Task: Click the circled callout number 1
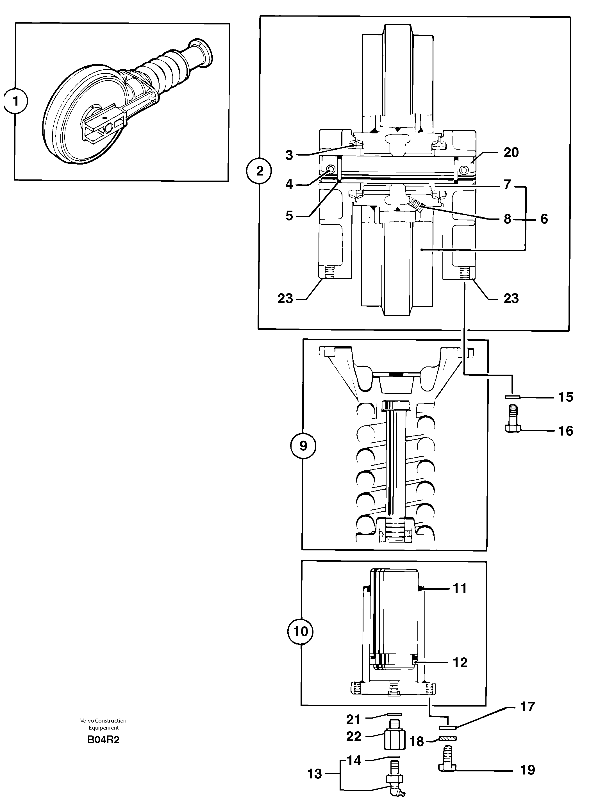click(x=16, y=102)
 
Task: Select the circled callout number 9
click(x=303, y=446)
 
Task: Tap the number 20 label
click(x=511, y=153)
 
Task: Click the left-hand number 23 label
click(x=285, y=298)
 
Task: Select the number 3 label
click(x=289, y=155)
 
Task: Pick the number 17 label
click(x=527, y=707)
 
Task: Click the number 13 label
click(x=315, y=774)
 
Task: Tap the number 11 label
click(x=460, y=588)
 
